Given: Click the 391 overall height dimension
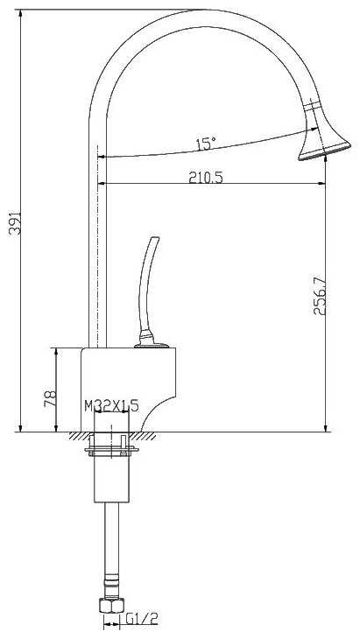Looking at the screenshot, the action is [x=15, y=223].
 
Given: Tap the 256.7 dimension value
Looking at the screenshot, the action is [x=320, y=296].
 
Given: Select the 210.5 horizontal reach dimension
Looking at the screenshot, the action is [x=206, y=178].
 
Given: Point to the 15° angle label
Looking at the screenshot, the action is [x=206, y=144].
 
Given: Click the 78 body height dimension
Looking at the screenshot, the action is [x=50, y=399].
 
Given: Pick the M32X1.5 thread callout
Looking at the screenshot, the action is [x=112, y=406].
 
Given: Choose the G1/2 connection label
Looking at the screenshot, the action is [x=142, y=620].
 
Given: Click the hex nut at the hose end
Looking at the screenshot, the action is [x=111, y=605].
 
